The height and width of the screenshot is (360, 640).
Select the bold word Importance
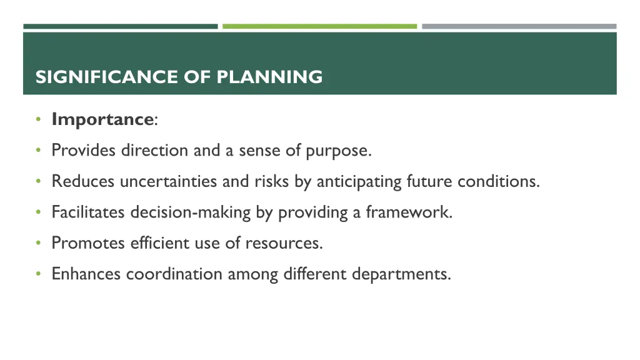(102, 119)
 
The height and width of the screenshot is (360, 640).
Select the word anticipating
(359, 182)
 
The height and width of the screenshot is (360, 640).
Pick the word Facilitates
(89, 212)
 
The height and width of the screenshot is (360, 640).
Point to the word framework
(409, 212)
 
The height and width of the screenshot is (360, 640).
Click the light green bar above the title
(319, 26)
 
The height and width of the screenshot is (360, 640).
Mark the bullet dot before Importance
(39, 119)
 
